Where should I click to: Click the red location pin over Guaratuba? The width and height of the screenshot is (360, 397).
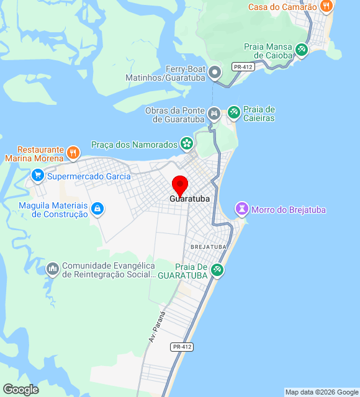(x=180, y=185)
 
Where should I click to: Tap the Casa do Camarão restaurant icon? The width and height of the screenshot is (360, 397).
(x=326, y=7)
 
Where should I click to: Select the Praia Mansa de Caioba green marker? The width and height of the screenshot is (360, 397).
(x=302, y=50)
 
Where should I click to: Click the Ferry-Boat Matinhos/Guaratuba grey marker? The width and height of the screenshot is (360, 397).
(x=215, y=73)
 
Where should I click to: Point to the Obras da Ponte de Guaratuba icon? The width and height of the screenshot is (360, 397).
(x=214, y=114)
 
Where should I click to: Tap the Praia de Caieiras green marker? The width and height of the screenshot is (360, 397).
(x=234, y=113)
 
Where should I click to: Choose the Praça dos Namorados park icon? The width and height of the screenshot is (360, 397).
(x=186, y=144)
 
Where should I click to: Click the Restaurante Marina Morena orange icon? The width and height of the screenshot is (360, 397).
(x=73, y=152)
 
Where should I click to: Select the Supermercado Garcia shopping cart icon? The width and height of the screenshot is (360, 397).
(x=38, y=176)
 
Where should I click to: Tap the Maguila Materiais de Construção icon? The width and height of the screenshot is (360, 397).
(x=97, y=209)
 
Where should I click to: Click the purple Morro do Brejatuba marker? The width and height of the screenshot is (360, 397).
(x=241, y=209)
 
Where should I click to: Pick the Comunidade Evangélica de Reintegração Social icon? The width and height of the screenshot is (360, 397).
(x=52, y=269)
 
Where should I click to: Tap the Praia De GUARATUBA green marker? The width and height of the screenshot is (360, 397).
(x=217, y=270)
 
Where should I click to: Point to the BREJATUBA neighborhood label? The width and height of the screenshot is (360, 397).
(x=209, y=247)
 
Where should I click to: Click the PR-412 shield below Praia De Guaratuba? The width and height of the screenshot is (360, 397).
(x=182, y=347)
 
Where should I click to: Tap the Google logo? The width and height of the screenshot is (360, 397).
(x=20, y=390)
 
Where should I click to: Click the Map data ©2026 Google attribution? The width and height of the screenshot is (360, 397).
(x=322, y=392)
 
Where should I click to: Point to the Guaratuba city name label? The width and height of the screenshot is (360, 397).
(x=189, y=199)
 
